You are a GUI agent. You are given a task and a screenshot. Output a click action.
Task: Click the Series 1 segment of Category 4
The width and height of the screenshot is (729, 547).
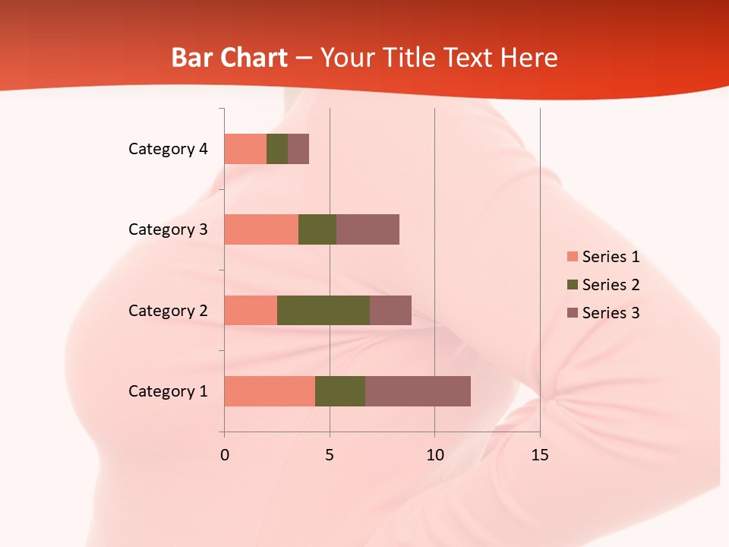[245, 149]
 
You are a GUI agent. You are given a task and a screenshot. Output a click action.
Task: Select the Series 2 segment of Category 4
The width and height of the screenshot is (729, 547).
[277, 149]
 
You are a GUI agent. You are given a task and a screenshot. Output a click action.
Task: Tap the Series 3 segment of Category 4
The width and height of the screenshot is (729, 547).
[298, 149]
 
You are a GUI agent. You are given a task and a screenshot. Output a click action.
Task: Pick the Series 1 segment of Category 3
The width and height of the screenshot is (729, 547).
[261, 229]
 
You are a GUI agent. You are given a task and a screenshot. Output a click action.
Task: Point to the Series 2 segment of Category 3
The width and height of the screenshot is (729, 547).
[317, 229]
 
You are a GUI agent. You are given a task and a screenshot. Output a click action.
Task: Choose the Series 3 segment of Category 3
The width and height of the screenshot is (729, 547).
[368, 229]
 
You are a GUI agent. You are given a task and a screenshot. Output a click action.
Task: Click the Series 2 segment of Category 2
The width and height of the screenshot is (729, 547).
[323, 310]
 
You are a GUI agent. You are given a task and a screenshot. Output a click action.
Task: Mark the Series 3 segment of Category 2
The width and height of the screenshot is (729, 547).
[390, 310]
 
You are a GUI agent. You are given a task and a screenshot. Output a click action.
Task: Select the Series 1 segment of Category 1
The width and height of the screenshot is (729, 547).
[270, 391]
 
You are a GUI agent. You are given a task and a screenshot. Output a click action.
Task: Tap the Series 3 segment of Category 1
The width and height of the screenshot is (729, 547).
[418, 391]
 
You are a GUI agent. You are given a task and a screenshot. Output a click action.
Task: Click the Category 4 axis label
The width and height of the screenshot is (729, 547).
[168, 149]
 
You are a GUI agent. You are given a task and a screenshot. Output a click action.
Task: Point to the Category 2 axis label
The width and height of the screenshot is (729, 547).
[168, 310]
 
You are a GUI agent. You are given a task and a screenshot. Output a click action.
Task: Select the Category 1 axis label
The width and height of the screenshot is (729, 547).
[168, 391]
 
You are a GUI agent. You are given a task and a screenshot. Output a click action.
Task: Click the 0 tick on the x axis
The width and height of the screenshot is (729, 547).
[225, 455]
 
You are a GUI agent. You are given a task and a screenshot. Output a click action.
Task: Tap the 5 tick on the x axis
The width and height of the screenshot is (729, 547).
[330, 455]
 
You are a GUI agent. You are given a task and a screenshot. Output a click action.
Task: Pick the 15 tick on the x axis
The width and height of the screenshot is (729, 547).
[539, 455]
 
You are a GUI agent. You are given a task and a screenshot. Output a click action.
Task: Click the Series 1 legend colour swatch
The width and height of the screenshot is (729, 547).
[572, 257]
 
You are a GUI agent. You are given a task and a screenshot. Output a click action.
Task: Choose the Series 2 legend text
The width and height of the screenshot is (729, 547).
[611, 285]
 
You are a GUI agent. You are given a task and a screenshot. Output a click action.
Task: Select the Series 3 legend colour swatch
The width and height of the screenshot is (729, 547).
[572, 313]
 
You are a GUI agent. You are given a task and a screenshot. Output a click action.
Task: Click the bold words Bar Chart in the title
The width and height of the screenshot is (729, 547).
[229, 58]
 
